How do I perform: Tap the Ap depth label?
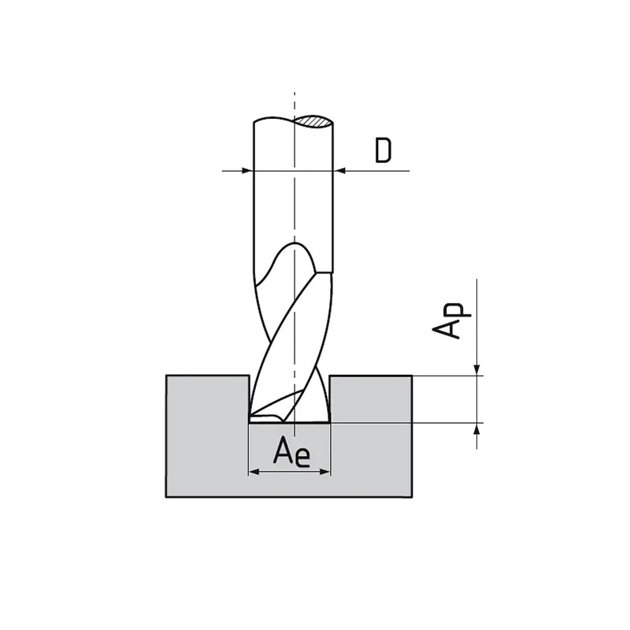click(450, 320)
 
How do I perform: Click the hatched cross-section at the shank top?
click(313, 121)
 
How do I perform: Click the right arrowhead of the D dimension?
click(340, 171)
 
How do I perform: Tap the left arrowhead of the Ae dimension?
click(255, 471)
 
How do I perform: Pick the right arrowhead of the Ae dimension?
click(324, 471)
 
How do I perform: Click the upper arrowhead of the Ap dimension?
click(477, 369)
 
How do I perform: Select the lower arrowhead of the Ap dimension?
click(477, 429)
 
